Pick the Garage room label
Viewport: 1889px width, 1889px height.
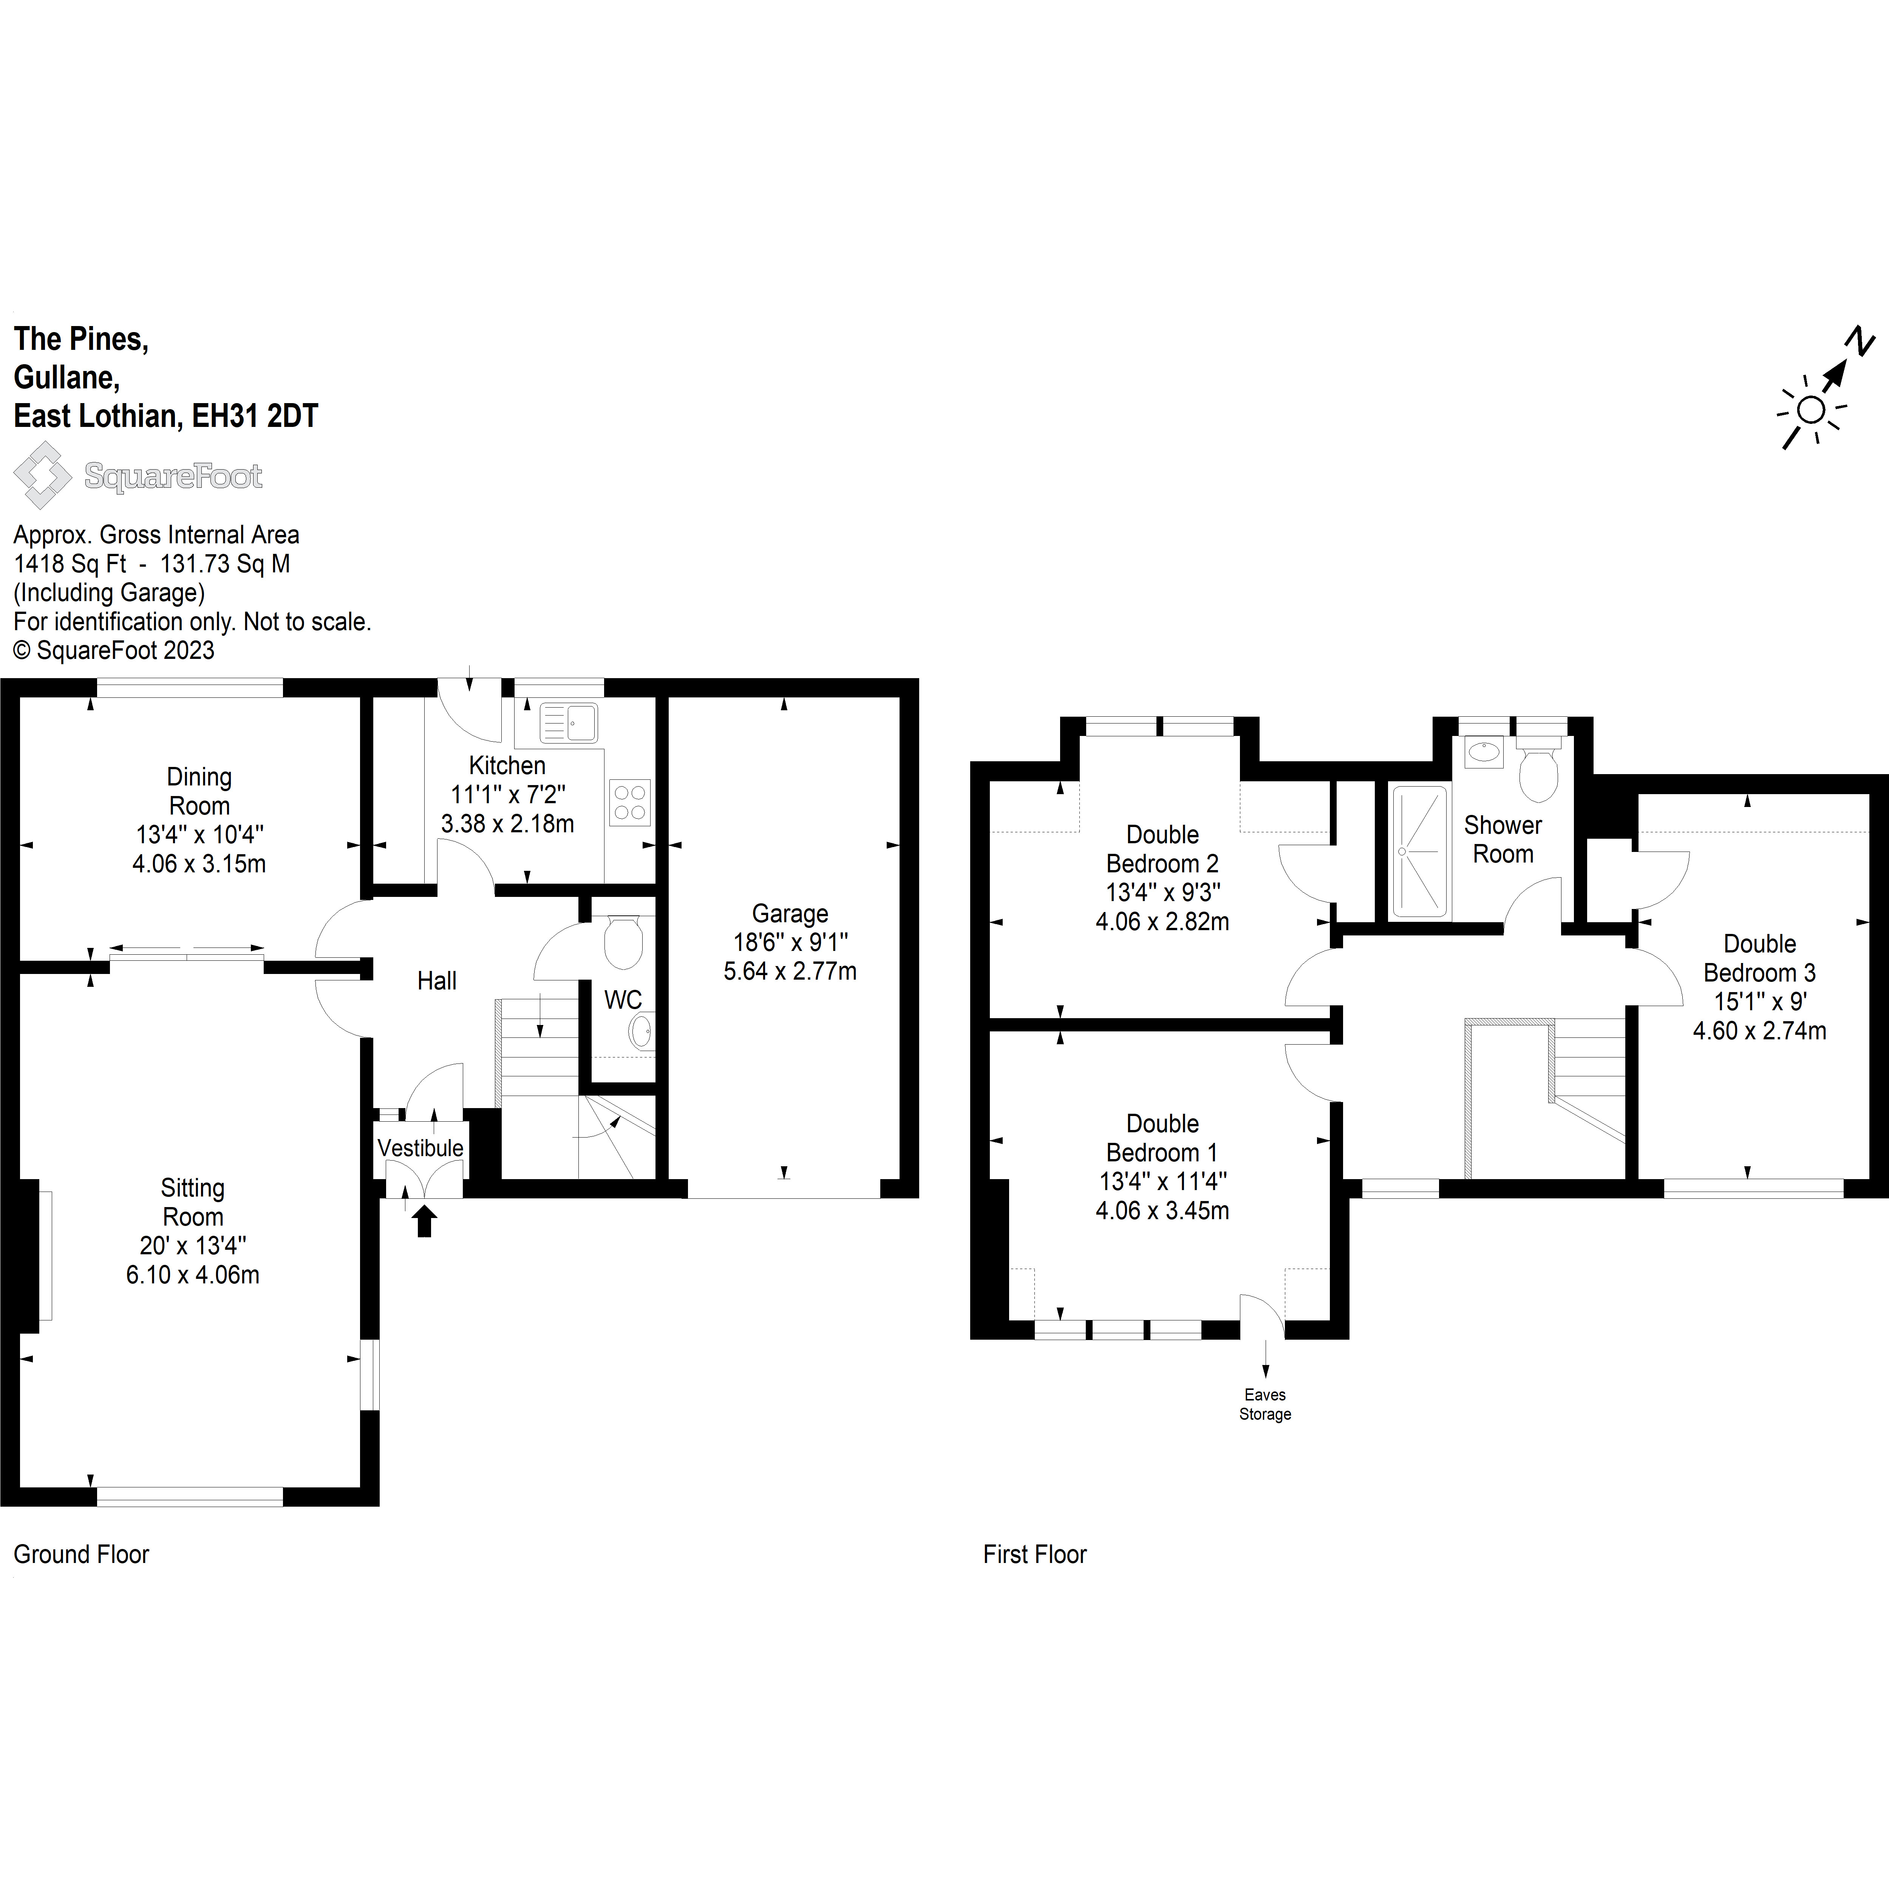[x=790, y=913]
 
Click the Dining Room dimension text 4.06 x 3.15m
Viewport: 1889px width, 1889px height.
[x=199, y=863]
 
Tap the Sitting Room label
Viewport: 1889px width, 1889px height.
[x=193, y=1202]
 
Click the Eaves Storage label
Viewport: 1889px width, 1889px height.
[x=1265, y=1404]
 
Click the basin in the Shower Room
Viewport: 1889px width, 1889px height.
[x=1484, y=752]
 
